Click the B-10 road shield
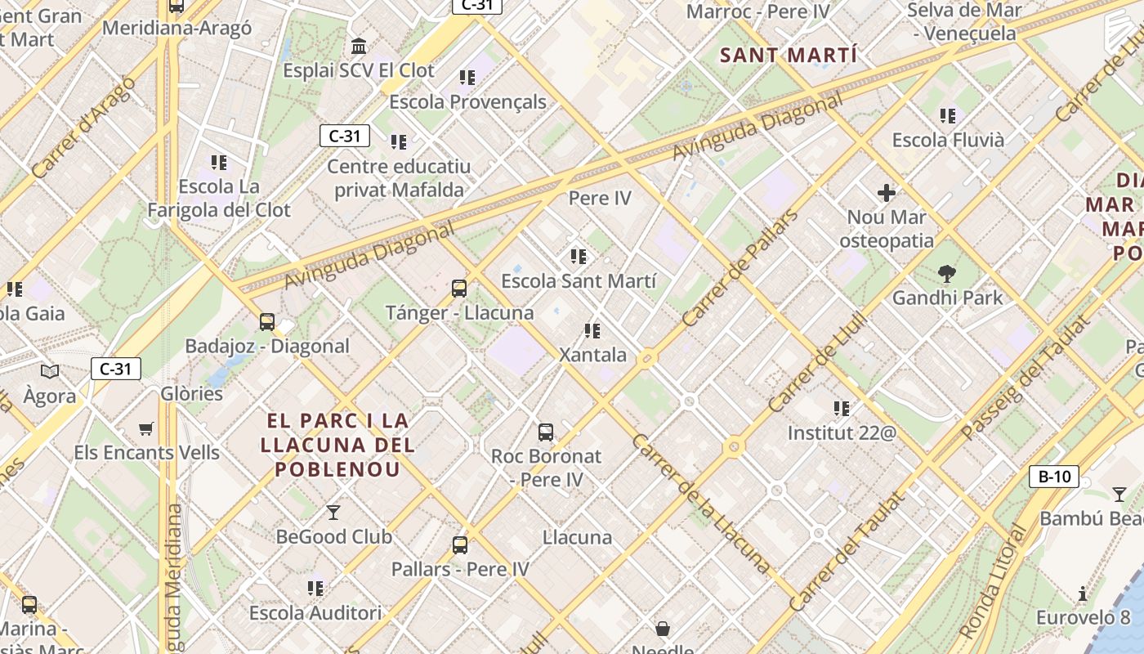pos(1053,476)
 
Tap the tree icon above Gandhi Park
pos(947,273)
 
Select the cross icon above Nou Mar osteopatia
pos(887,193)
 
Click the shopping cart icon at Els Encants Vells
pos(146,428)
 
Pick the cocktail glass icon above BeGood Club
pos(333,513)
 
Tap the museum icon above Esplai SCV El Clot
pos(359,46)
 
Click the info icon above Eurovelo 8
pos(1083,594)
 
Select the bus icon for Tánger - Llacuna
pos(459,289)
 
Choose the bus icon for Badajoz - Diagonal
pos(267,322)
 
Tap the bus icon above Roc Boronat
pos(546,432)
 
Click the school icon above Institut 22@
pos(842,408)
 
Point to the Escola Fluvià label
pos(948,140)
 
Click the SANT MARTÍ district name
pos(789,56)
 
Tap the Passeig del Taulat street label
pos(1026,377)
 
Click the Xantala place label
pos(592,355)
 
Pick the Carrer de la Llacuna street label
pos(700,503)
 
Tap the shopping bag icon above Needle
pos(663,629)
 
